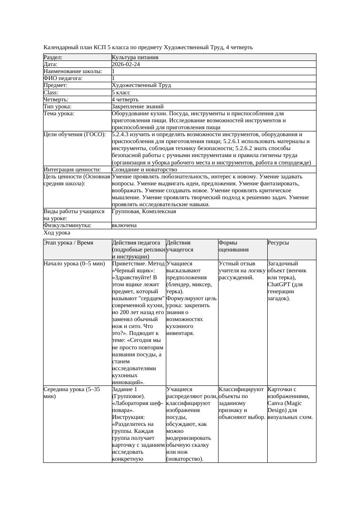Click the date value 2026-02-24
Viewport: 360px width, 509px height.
[x=126, y=64]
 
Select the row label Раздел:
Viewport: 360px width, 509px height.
[x=53, y=57]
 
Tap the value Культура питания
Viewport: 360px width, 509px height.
[x=135, y=57]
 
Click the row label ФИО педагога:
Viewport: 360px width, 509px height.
[x=63, y=78]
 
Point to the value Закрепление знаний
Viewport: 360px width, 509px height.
[x=138, y=107]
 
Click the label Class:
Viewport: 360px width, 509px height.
[x=51, y=93]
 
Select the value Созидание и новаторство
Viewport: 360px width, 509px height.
[x=144, y=170]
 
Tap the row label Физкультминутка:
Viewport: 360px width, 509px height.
[x=67, y=225]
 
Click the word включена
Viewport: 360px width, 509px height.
[x=124, y=225]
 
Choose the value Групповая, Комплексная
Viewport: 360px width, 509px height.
[x=144, y=211]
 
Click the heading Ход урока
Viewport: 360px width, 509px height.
[x=57, y=233]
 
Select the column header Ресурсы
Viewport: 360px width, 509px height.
[x=278, y=243]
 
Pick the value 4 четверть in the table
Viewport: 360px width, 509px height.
[x=125, y=100]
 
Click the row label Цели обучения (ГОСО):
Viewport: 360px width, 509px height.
[x=74, y=134]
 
